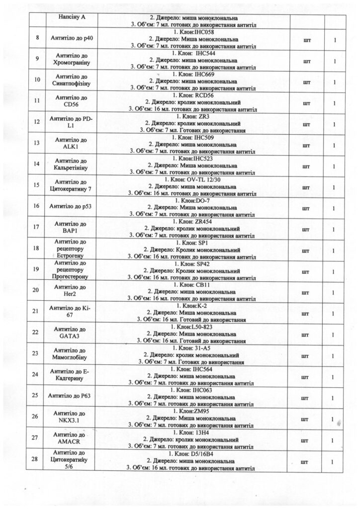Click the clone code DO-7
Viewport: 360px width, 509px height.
[x=203, y=201]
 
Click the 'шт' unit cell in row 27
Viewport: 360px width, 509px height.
[x=304, y=440]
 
